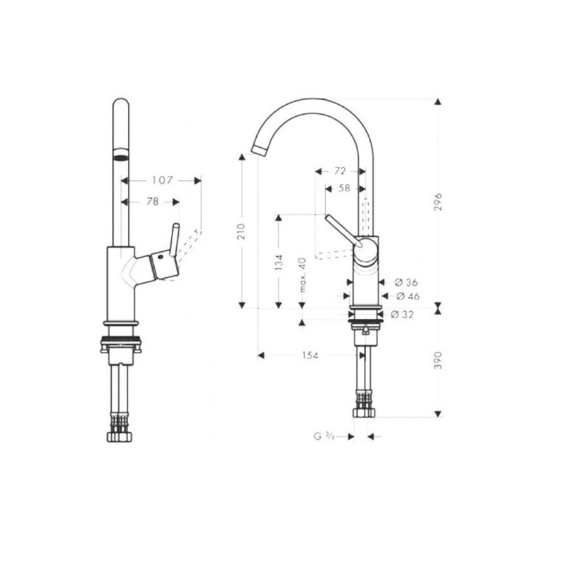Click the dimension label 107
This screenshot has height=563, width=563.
click(163, 180)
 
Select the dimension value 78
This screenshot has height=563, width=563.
click(153, 202)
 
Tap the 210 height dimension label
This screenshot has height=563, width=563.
click(241, 232)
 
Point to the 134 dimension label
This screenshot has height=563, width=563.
click(279, 262)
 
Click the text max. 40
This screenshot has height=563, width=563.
click(303, 275)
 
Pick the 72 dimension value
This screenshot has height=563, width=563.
click(340, 171)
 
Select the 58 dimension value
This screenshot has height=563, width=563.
click(344, 188)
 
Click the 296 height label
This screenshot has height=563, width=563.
click(438, 202)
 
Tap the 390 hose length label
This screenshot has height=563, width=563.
click(438, 360)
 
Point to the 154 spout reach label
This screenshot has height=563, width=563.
click(310, 355)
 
